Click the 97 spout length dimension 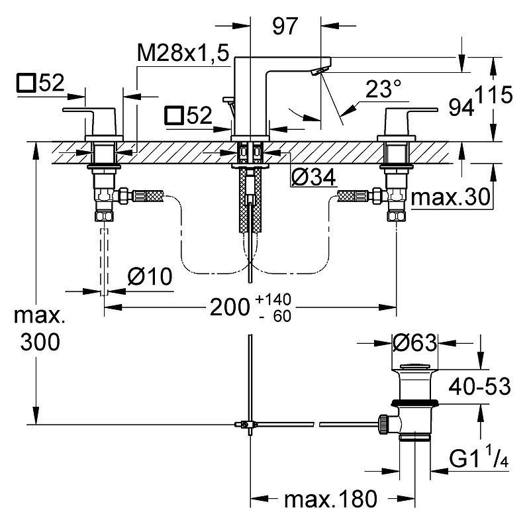[285, 26]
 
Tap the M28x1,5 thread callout [183, 53]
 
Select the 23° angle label [383, 89]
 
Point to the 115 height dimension [495, 95]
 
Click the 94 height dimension [461, 108]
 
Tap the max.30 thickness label [450, 197]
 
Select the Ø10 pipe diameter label [150, 276]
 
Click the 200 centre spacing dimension [230, 307]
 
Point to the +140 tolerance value [273, 299]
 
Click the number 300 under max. [40, 342]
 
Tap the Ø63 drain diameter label [414, 343]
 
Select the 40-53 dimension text [479, 386]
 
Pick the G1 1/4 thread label [479, 458]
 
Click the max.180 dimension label [330, 499]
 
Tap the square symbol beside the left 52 [26, 83]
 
